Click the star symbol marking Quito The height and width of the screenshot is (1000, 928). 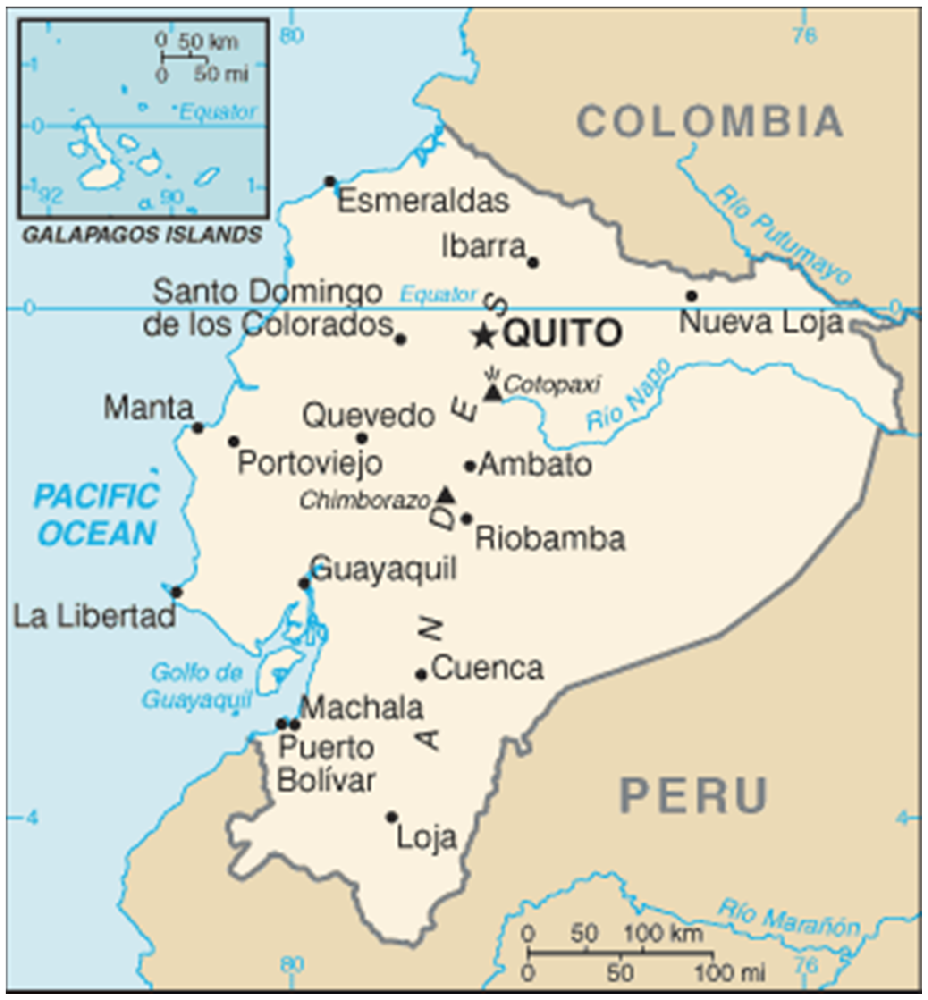pos(484,336)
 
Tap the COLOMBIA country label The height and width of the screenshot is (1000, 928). pos(710,122)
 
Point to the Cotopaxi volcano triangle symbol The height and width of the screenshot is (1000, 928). pos(493,393)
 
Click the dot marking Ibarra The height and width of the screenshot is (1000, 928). pos(533,262)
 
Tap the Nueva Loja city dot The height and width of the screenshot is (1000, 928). pos(692,296)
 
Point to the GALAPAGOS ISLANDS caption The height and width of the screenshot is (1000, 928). pos(143,235)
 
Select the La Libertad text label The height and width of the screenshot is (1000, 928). pos(94,617)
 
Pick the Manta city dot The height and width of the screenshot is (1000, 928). pos(198,428)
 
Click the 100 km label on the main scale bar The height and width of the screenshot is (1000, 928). pos(663,934)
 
